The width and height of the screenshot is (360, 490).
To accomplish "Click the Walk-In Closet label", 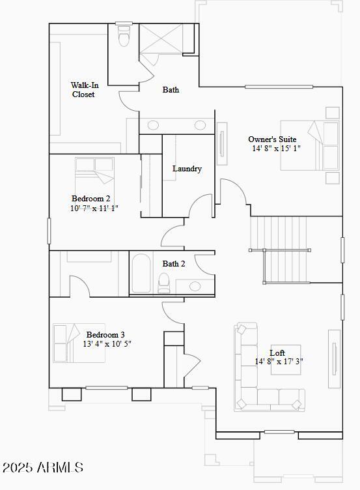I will click(x=84, y=90).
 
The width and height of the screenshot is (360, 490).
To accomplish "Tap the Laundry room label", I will click(x=187, y=169).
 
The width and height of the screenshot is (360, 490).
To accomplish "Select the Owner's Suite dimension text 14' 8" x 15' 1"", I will click(x=276, y=149).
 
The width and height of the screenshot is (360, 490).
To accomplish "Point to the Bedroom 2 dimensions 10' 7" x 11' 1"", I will click(x=94, y=209).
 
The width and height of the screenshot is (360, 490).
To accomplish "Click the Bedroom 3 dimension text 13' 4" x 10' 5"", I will click(x=107, y=344).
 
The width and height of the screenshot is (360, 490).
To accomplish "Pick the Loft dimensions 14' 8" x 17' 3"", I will click(x=279, y=362).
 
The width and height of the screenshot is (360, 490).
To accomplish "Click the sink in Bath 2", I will click(x=195, y=285).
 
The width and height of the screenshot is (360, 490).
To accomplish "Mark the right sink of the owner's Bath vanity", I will click(x=200, y=125).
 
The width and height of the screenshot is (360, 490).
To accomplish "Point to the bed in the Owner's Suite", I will click(x=310, y=145).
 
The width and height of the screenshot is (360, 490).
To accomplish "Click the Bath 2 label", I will click(x=174, y=264).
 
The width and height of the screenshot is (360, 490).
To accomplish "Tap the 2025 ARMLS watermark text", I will click(x=43, y=468).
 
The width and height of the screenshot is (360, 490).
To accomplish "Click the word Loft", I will click(x=277, y=353).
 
